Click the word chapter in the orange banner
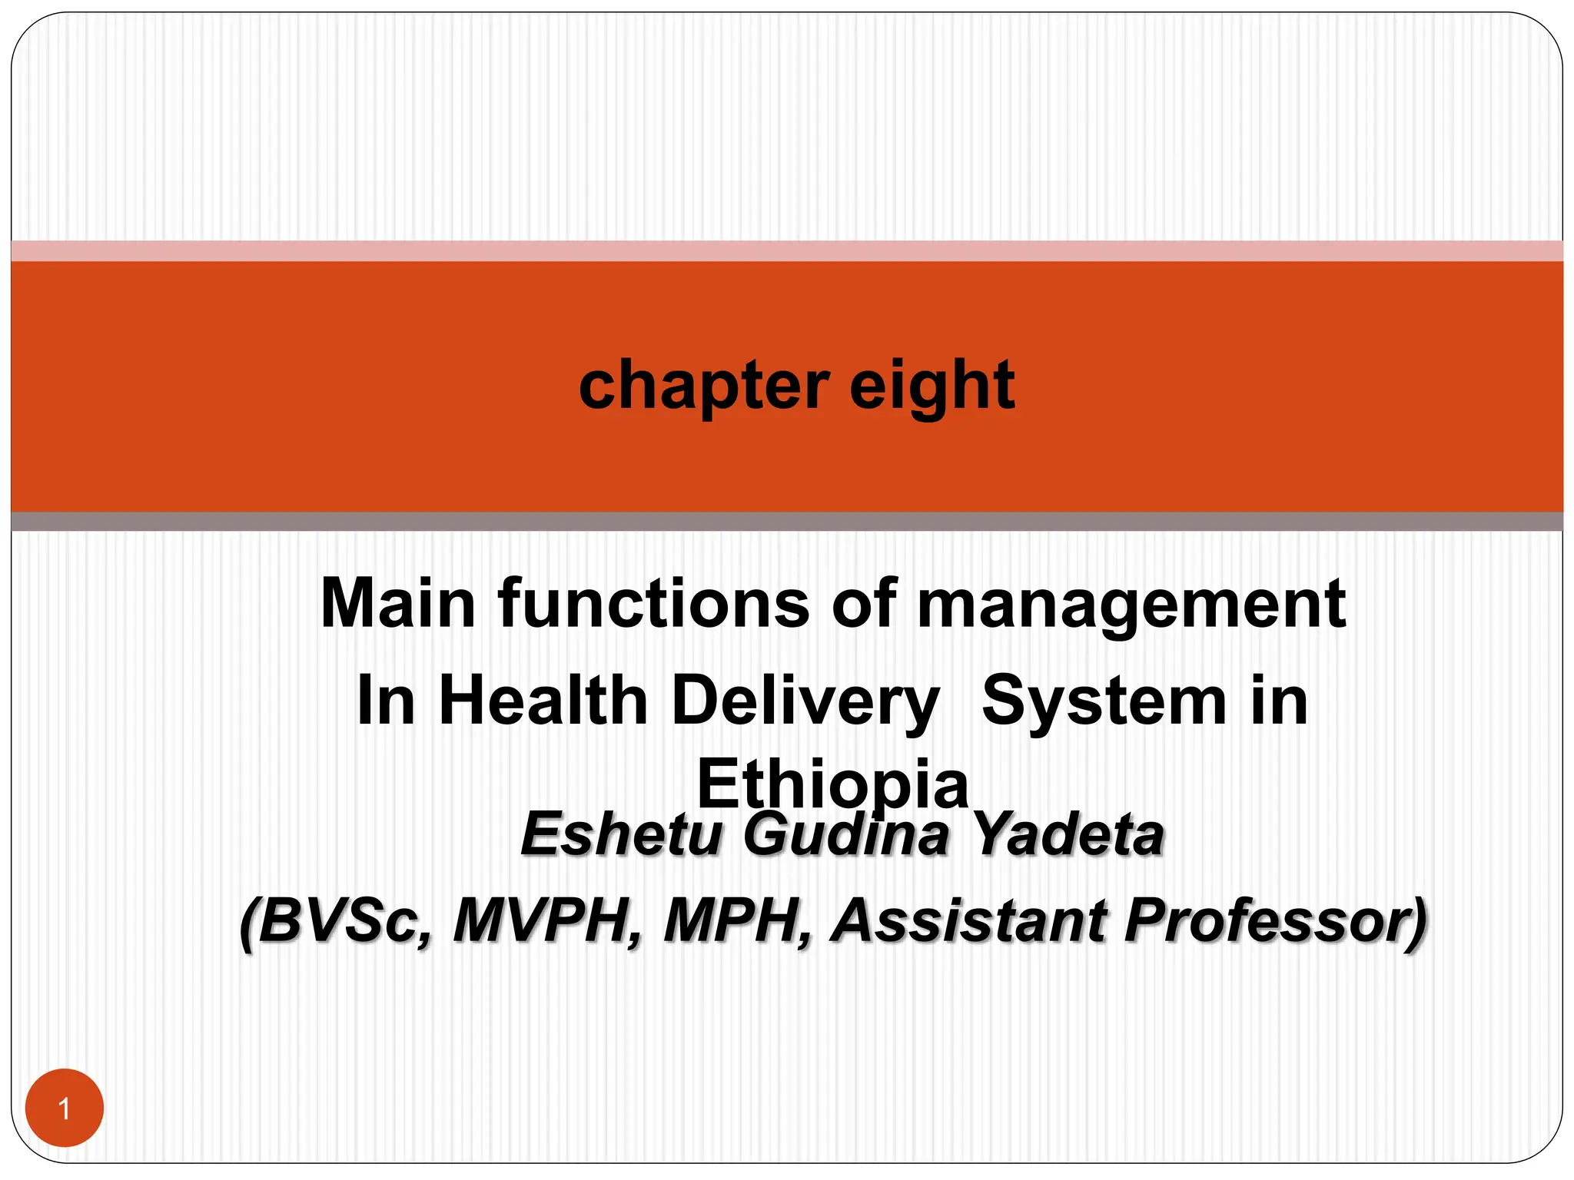[x=703, y=386]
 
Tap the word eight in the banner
[x=932, y=386]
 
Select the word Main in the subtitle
[x=398, y=604]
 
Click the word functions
[x=653, y=604]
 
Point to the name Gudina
[x=846, y=836]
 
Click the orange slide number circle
[x=65, y=1108]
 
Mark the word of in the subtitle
[x=864, y=604]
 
